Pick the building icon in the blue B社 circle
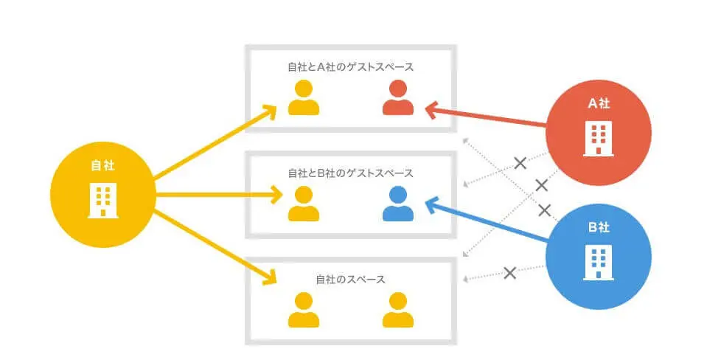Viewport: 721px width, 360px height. [x=598, y=263]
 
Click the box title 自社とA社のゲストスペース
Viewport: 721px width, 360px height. [x=350, y=67]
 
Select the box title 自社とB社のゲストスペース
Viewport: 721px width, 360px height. [x=350, y=173]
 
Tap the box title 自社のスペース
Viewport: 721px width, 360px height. [x=350, y=280]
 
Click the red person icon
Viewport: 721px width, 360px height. [x=398, y=98]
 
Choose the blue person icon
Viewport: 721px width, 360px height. [x=398, y=204]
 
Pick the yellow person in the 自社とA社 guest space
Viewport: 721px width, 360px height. [x=303, y=98]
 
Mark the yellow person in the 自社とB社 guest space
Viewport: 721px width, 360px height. [x=303, y=204]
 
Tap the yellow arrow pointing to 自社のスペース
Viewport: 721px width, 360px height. [x=214, y=247]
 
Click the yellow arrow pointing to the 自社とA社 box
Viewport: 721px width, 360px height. [x=214, y=144]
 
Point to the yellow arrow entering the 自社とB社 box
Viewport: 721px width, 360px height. [x=221, y=195]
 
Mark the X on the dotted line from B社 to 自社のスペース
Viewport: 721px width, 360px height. [x=509, y=273]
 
